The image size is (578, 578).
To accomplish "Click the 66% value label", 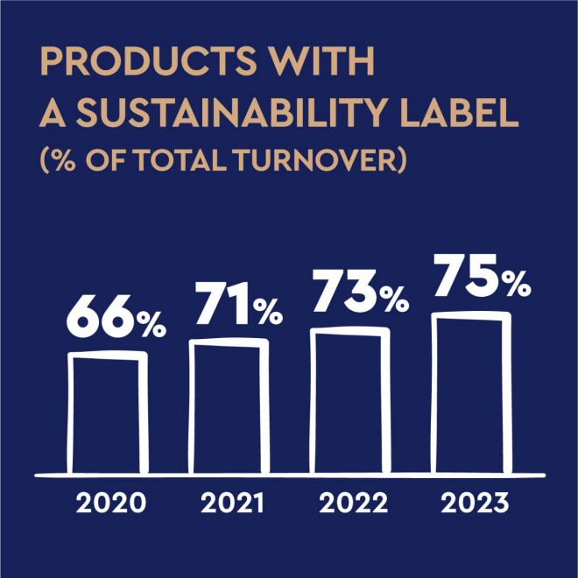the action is (116, 316).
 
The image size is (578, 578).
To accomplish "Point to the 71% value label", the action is (239, 303).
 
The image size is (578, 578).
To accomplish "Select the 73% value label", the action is (361, 292).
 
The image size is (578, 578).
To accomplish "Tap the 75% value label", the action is (483, 275).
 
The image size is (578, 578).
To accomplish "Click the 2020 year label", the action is (111, 504).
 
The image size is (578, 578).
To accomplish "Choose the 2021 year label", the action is (233, 504).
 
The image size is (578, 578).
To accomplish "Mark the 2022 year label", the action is (354, 504).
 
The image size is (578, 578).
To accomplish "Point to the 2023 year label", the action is (475, 504).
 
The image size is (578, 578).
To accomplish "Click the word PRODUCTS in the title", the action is (148, 60).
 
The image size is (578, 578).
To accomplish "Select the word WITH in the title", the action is (322, 60).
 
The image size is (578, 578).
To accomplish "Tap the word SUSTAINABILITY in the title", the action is (231, 112).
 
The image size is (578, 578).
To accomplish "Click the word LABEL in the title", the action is (460, 112).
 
